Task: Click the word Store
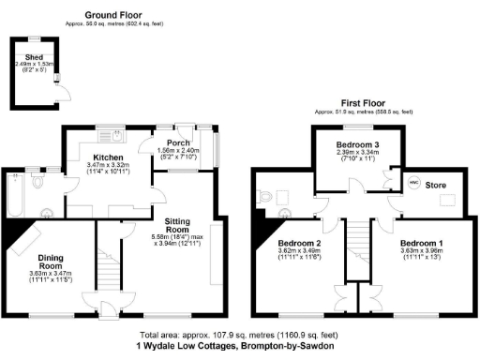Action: click(x=436, y=186)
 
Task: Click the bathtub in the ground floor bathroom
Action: click(x=15, y=193)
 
